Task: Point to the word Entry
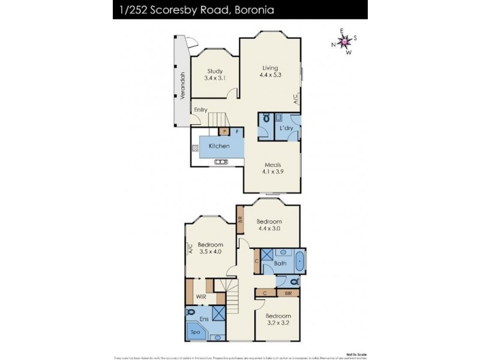click(x=200, y=109)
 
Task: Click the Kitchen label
click(x=219, y=146)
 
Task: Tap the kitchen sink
click(x=220, y=161)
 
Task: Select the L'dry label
click(x=286, y=128)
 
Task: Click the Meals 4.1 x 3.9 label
click(x=273, y=168)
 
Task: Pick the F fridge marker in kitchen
click(x=238, y=131)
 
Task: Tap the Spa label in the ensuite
click(x=196, y=331)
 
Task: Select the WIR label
click(x=202, y=296)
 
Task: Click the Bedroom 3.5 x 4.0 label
click(x=210, y=248)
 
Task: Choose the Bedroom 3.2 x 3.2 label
click(x=278, y=319)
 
